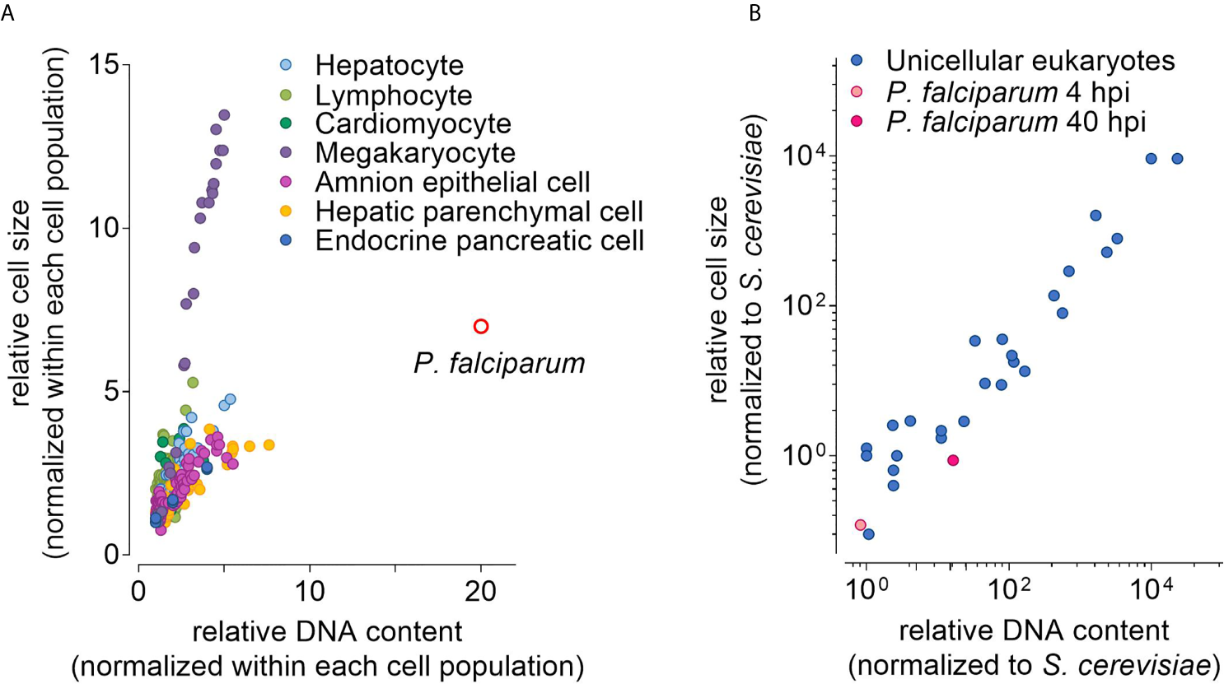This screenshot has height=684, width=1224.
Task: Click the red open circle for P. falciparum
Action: pyautogui.click(x=481, y=327)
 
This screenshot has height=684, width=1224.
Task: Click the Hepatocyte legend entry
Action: pyautogui.click(x=389, y=65)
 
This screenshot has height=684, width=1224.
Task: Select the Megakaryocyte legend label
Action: pyautogui.click(x=415, y=152)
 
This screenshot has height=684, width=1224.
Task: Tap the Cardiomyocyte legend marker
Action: pyautogui.click(x=286, y=123)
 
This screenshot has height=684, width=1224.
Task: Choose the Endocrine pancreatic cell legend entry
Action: pyautogui.click(x=479, y=240)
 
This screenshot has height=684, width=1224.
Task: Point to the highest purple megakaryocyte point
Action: pyautogui.click(x=223, y=115)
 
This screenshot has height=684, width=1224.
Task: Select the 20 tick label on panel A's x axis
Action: pyautogui.click(x=481, y=591)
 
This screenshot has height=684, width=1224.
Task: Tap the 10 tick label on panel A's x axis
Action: pyautogui.click(x=310, y=591)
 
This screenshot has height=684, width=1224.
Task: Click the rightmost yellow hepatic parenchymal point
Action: pyautogui.click(x=269, y=445)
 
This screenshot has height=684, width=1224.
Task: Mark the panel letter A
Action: pyautogui.click(x=7, y=13)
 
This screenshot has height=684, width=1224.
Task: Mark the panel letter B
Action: pyautogui.click(x=754, y=13)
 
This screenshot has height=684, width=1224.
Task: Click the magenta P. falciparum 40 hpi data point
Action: pyautogui.click(x=953, y=460)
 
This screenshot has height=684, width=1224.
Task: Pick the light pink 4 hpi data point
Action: pyautogui.click(x=860, y=525)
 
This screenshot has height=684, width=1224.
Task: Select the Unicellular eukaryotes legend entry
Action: pyautogui.click(x=1030, y=60)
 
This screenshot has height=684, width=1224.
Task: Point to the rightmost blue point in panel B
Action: pyautogui.click(x=1177, y=159)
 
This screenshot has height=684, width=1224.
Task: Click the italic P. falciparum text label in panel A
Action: pyautogui.click(x=499, y=363)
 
